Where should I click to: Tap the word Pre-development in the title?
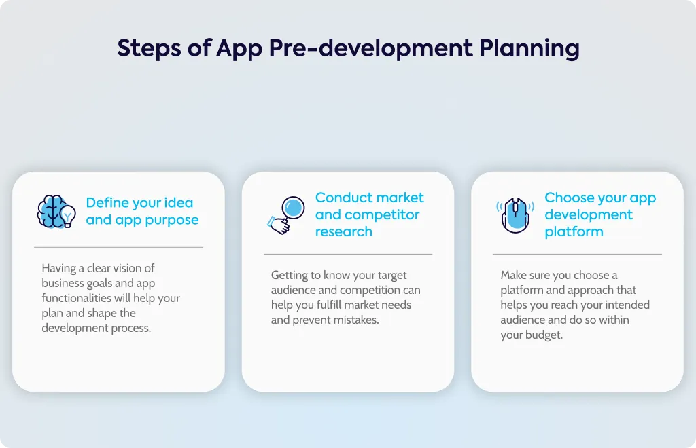click(370, 49)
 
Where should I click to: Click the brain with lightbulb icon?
click(56, 212)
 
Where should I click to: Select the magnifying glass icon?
click(286, 215)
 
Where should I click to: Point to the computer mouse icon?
click(515, 215)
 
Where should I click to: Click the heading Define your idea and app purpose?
click(142, 211)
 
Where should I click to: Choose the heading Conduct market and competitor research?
click(369, 214)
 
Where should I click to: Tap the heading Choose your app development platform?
click(600, 214)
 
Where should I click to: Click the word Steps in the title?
click(149, 49)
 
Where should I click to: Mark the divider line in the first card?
click(118, 247)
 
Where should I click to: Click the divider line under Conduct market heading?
click(348, 255)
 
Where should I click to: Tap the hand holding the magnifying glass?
click(279, 225)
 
